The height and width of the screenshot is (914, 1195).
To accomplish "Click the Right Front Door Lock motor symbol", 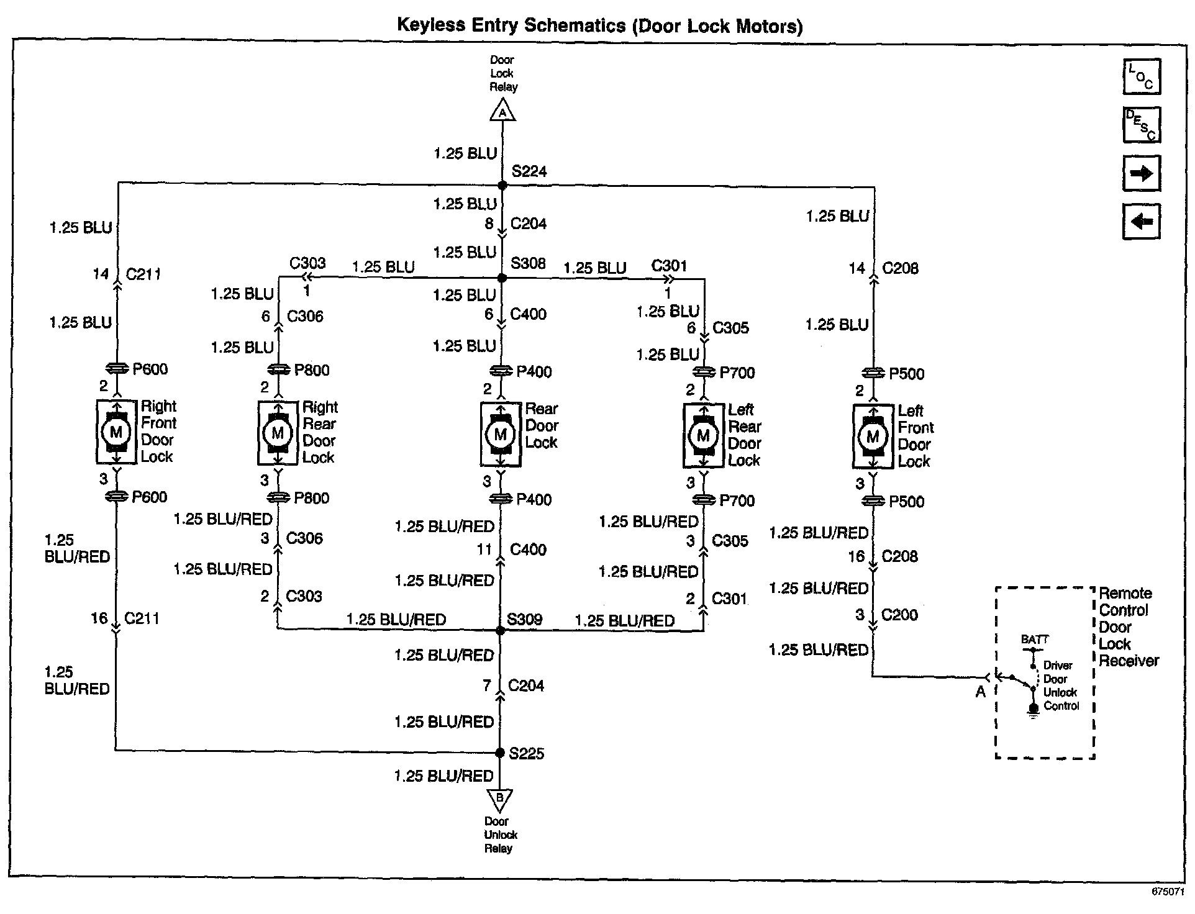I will (116, 432).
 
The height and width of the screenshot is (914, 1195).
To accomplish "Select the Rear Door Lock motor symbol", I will (500, 434).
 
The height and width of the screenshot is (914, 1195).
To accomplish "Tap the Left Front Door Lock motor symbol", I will (873, 437).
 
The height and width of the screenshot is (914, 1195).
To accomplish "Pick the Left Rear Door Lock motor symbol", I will (703, 435).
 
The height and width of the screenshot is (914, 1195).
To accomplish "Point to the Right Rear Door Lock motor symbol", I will (278, 433).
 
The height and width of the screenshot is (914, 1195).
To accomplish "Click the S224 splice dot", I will (502, 185).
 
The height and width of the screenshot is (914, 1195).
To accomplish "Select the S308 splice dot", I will (502, 278).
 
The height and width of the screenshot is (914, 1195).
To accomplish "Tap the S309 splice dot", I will (501, 630).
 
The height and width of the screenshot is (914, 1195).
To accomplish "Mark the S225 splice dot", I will (500, 753).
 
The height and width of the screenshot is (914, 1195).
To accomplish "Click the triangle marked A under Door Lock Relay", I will (502, 112).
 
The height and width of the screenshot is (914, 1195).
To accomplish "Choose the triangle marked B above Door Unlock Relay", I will (500, 798).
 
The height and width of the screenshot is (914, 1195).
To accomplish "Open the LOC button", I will (1142, 77).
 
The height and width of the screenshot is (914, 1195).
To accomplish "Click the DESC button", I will (1142, 125).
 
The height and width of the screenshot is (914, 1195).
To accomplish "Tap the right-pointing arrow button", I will (1142, 173).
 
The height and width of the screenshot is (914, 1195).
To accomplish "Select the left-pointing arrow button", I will (1142, 221).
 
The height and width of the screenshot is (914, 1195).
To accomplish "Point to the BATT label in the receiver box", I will (1035, 640).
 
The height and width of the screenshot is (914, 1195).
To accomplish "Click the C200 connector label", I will (899, 615).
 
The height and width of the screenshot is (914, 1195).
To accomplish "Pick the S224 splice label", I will (529, 171).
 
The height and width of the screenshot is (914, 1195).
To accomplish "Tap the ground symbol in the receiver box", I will (1033, 710).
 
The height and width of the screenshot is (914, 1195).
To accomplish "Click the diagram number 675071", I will (1168, 891).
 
